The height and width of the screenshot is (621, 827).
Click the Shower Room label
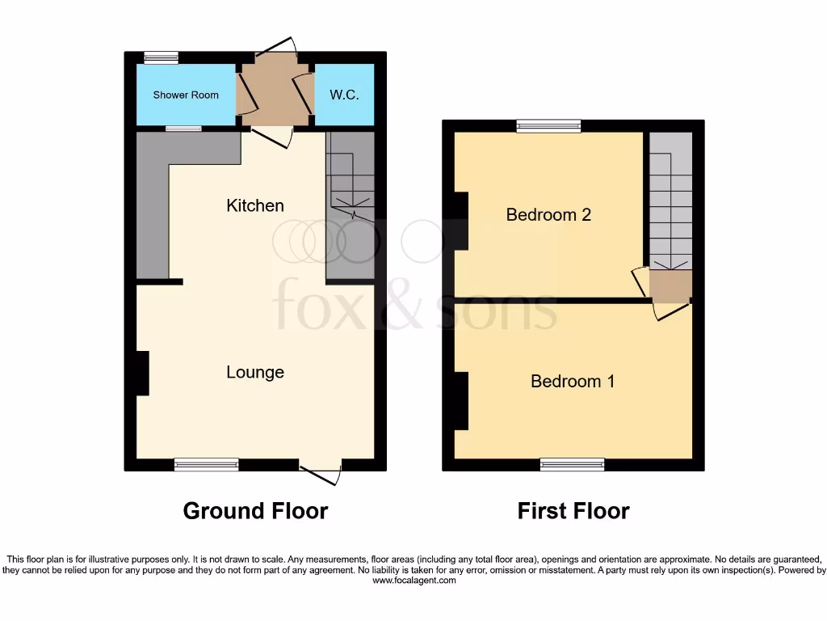coord(186,95)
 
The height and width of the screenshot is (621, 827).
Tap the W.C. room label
coord(344,95)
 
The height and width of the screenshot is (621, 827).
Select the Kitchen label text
coord(254,205)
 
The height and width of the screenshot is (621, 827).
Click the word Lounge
coord(254,372)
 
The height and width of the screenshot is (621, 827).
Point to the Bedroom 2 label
coord(548,214)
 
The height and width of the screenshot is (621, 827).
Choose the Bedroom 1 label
coord(573,381)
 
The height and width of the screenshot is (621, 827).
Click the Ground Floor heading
coord(255,511)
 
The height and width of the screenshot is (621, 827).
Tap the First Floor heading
coord(573,511)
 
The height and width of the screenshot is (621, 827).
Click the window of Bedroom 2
coord(548,125)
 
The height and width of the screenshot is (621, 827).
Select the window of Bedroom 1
coord(573,464)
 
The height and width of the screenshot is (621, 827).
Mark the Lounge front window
coord(207,464)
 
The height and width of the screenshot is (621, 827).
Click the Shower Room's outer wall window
coord(162,57)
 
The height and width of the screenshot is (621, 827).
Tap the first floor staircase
coord(671,202)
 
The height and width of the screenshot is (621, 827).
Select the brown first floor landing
coord(671,285)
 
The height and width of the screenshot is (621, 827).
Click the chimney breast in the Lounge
coord(142,373)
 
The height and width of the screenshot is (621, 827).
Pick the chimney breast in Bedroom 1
coord(461,401)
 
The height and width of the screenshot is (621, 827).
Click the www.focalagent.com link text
coord(413,581)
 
